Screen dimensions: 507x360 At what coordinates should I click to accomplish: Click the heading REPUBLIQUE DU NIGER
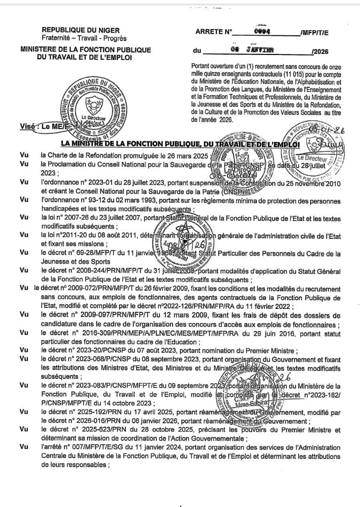[80, 30]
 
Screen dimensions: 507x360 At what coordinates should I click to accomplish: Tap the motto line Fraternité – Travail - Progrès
[84, 38]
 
